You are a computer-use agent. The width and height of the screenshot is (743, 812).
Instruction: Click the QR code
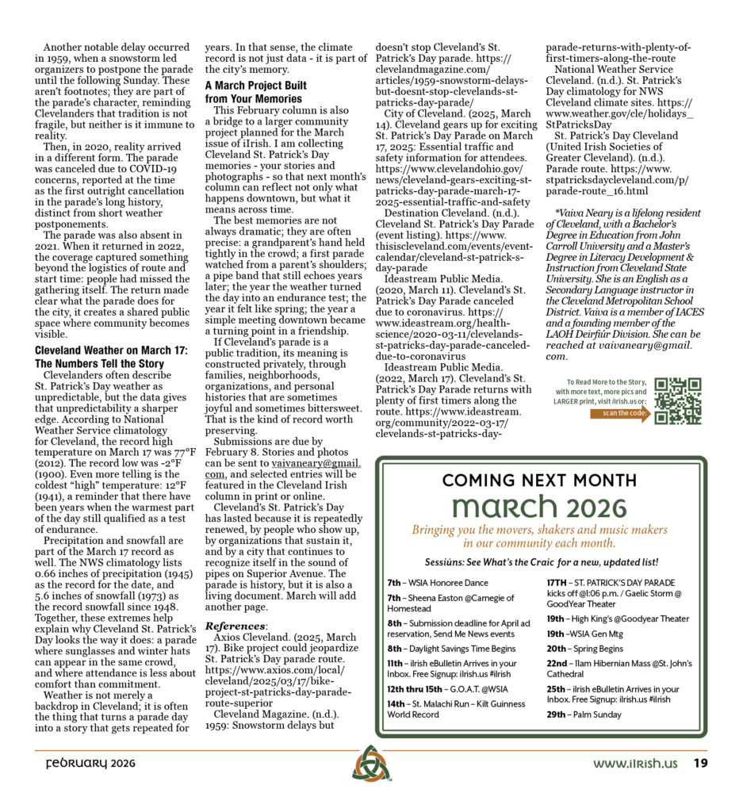coord(678,400)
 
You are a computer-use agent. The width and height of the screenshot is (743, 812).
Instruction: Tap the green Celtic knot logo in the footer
coord(371,763)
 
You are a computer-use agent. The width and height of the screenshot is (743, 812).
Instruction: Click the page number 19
coord(699,764)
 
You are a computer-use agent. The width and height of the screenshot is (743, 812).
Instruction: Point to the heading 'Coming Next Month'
coord(539,480)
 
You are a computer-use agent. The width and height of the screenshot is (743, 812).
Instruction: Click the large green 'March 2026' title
coord(539,507)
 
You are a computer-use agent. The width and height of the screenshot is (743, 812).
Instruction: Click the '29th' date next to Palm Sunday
coord(556,714)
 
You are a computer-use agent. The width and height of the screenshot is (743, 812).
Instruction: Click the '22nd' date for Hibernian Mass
coord(557,664)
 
